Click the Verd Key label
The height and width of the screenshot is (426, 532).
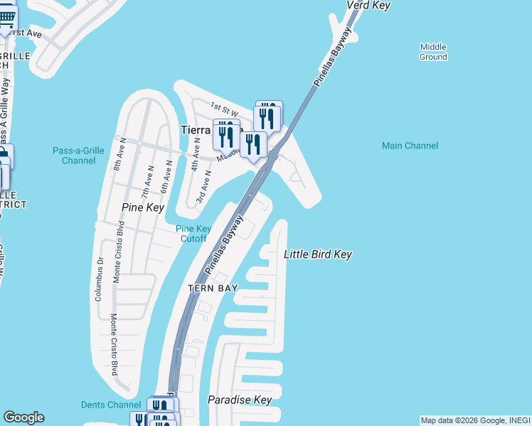pos(369,6)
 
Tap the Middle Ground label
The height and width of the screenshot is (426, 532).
pos(433,52)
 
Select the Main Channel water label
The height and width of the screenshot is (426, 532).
pos(410,146)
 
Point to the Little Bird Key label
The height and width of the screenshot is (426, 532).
pos(318,254)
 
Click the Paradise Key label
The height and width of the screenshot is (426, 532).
pos(240,400)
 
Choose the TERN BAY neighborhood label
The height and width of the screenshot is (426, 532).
pos(212,288)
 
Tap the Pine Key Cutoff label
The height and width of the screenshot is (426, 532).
pos(193,234)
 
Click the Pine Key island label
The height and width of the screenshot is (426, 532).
pos(143,208)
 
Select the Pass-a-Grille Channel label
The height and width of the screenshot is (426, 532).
pos(74,155)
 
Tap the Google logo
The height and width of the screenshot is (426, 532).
pos(23,417)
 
